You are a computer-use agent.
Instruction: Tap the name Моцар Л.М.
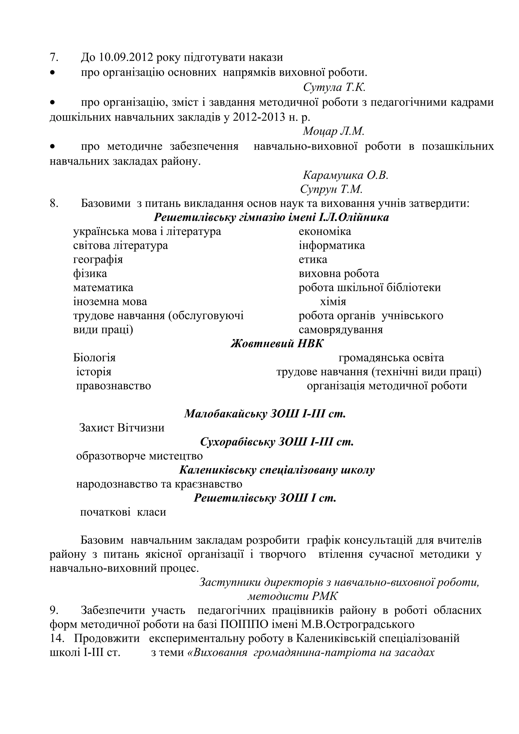click(x=333, y=131)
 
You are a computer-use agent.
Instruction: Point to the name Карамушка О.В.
click(x=345, y=175)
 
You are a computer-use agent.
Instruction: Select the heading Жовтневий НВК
click(x=277, y=344)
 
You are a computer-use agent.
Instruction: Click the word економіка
click(x=325, y=231)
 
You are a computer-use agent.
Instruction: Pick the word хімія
click(x=333, y=301)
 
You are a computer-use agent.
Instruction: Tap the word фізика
click(x=90, y=274)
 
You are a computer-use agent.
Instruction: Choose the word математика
click(x=103, y=287)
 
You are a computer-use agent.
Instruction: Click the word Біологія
click(x=94, y=357)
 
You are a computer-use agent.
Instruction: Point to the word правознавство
click(x=113, y=386)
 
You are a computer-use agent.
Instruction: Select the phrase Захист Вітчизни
click(x=122, y=428)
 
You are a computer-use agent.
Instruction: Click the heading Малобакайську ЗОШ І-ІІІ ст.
click(x=265, y=414)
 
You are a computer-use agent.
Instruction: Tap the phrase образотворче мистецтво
click(x=139, y=456)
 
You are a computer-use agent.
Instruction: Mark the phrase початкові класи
click(x=123, y=512)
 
